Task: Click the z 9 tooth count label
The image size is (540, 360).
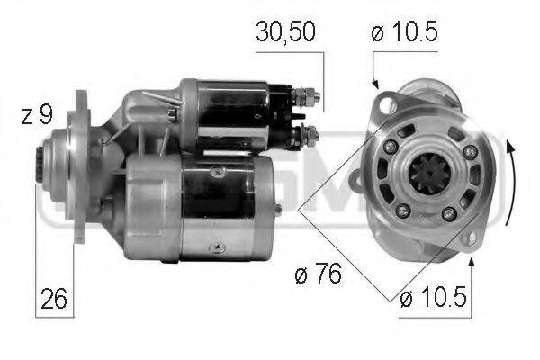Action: coord(37,115)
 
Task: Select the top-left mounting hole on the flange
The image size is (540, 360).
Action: coord(389,104)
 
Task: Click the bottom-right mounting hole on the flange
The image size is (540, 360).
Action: coord(468,240)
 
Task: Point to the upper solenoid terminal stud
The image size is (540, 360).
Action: coord(309,93)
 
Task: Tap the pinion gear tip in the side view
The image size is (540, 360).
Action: coord(40,166)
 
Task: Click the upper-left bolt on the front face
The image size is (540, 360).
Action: coord(391,147)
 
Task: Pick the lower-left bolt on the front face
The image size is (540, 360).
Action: coord(402,210)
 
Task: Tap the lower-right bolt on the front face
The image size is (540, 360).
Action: coord(449,213)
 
